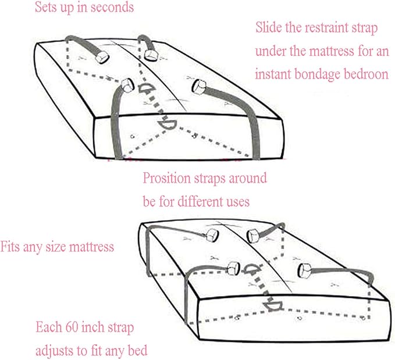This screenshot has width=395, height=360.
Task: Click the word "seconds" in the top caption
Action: tap(112, 7)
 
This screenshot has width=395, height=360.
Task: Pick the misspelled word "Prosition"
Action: tap(166, 178)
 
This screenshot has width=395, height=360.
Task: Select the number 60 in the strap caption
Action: tap(72, 327)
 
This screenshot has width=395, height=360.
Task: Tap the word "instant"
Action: tap(273, 74)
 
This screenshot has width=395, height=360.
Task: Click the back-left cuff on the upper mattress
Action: tap(102, 56)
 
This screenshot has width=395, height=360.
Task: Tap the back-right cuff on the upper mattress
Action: tap(151, 55)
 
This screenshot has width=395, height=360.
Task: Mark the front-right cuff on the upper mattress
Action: tap(200, 87)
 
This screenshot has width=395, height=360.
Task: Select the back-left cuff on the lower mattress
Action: tap(212, 236)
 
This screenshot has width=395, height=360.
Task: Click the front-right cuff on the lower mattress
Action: tap(305, 271)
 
